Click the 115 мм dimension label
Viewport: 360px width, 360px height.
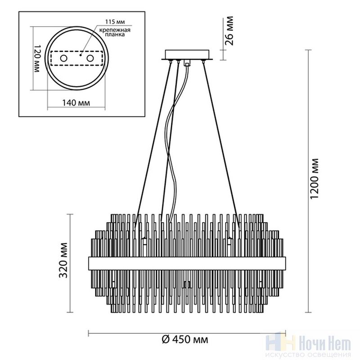(x=115, y=22)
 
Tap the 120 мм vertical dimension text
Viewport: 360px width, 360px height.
(x=37, y=58)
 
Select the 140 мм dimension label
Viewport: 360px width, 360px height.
(x=76, y=103)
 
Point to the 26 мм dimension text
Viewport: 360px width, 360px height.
(x=229, y=31)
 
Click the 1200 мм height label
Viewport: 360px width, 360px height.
(x=314, y=179)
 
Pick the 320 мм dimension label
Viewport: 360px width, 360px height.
(x=63, y=261)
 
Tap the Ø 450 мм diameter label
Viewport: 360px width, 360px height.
(x=185, y=339)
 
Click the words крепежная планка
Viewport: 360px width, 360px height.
(x=115, y=32)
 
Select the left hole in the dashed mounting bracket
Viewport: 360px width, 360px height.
(x=63, y=58)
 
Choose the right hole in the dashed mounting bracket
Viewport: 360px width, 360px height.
(x=90, y=58)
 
